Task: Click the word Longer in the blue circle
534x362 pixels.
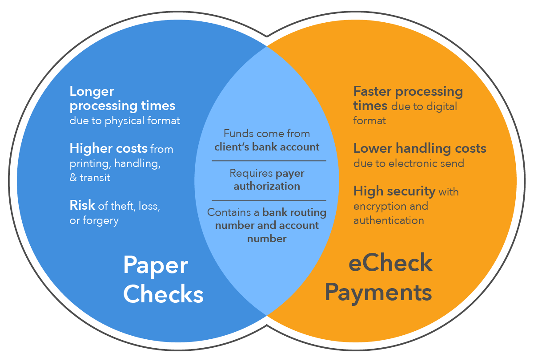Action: pyautogui.click(x=92, y=92)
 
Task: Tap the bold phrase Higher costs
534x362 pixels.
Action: pyautogui.click(x=108, y=148)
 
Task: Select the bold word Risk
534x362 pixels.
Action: pyautogui.click(x=82, y=205)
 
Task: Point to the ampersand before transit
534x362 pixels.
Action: pyautogui.click(x=73, y=178)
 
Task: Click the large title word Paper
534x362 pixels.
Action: pyautogui.click(x=155, y=265)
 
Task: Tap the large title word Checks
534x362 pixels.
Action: pyautogui.click(x=163, y=294)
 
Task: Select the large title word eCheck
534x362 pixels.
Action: pyautogui.click(x=390, y=263)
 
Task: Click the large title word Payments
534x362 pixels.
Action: pyautogui.click(x=378, y=293)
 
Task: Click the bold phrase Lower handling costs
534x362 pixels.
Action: pyautogui.click(x=420, y=148)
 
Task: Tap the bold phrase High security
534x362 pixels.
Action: pyautogui.click(x=394, y=191)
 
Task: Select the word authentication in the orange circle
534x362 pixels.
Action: pyautogui.click(x=388, y=220)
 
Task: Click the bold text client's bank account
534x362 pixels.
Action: pyautogui.click(x=267, y=147)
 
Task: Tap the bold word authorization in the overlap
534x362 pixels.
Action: pyautogui.click(x=267, y=186)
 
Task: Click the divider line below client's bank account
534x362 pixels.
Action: pyautogui.click(x=269, y=161)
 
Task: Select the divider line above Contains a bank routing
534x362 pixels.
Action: pyautogui.click(x=269, y=201)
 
